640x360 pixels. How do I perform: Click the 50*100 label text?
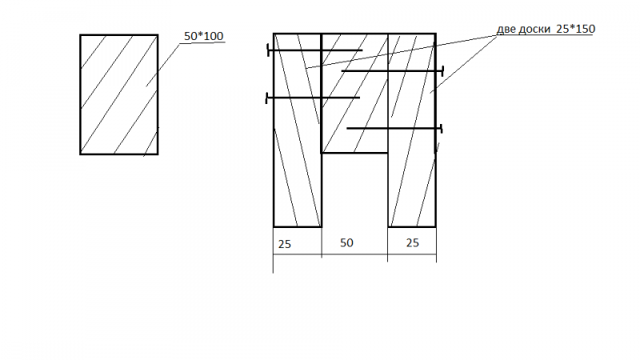pyautogui.click(x=204, y=36)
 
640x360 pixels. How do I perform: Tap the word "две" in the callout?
pyautogui.click(x=506, y=30)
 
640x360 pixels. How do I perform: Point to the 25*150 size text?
pyautogui.click(x=575, y=29)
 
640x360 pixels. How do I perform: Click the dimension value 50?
pyautogui.click(x=346, y=242)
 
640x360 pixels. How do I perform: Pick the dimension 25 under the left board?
pyautogui.click(x=285, y=244)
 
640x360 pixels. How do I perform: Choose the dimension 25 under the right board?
pyautogui.click(x=413, y=243)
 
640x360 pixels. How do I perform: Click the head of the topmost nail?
pyautogui.click(x=268, y=50)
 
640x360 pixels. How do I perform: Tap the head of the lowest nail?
pyautogui.click(x=442, y=129)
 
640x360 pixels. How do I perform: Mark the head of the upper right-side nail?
pyautogui.click(x=442, y=71)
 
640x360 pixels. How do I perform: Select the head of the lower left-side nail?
pyautogui.click(x=266, y=98)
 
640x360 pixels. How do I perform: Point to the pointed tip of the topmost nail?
pyautogui.click(x=362, y=50)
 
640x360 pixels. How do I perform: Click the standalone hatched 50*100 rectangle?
pyautogui.click(x=118, y=94)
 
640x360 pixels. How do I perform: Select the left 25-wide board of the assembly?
pyautogui.click(x=298, y=130)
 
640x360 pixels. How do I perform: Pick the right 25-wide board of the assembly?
pyautogui.click(x=412, y=130)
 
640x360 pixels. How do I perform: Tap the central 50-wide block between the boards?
pyautogui.click(x=354, y=93)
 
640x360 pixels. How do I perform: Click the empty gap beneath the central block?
pyautogui.click(x=354, y=190)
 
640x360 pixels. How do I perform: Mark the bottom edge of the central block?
pyautogui.click(x=354, y=153)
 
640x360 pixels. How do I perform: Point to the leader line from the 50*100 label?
pyautogui.click(x=163, y=66)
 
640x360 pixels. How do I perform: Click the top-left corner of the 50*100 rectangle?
pyautogui.click(x=80, y=34)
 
